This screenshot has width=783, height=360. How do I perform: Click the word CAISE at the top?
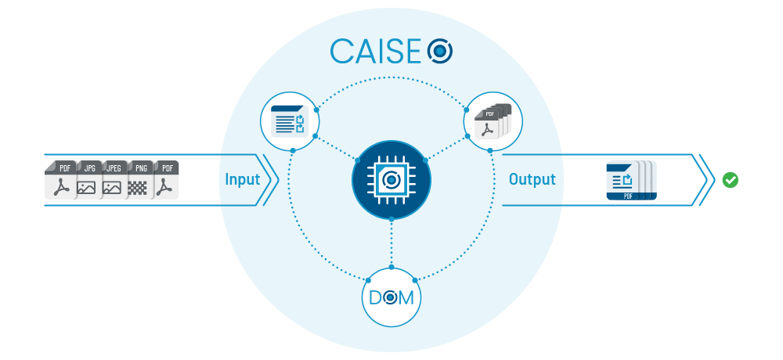[x=377, y=51]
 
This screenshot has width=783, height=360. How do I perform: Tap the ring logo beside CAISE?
[x=440, y=52]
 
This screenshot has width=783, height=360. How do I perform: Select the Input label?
[x=242, y=179]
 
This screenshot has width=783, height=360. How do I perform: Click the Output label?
[x=532, y=179]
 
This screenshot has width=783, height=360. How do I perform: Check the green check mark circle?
[x=731, y=180]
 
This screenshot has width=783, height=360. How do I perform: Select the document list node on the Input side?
[x=288, y=122]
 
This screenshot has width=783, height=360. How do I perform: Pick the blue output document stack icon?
[x=630, y=181]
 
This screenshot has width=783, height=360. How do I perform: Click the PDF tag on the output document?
[x=628, y=196]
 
